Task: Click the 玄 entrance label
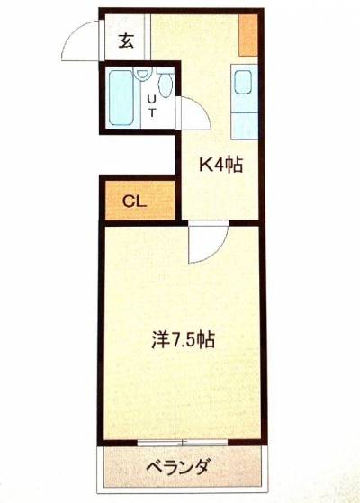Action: [x=126, y=40]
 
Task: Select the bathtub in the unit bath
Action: [x=121, y=98]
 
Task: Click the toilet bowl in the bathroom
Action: [x=166, y=84]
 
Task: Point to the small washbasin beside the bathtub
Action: [x=142, y=73]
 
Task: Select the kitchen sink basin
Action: [x=243, y=82]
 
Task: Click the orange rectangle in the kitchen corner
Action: [x=248, y=35]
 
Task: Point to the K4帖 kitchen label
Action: [x=220, y=165]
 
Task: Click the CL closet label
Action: [x=134, y=202]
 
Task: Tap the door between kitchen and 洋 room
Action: [x=208, y=241]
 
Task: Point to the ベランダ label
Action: [x=179, y=466]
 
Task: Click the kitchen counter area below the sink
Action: [x=245, y=126]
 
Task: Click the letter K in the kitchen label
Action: [x=204, y=165]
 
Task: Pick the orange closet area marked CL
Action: [x=140, y=201]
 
